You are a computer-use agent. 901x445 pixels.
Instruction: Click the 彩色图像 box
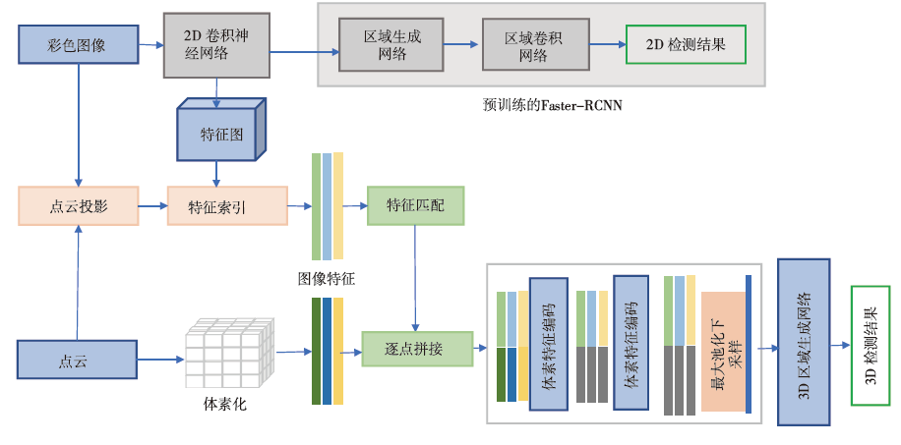[77, 45]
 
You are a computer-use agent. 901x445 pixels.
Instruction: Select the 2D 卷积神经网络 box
[216, 45]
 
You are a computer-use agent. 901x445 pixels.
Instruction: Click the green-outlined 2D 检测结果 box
[686, 45]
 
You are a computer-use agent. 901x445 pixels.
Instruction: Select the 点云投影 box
[77, 206]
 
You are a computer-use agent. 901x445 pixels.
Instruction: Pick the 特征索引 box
[227, 206]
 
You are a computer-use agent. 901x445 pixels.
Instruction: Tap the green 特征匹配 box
[414, 205]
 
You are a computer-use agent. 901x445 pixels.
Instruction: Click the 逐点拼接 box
[416, 349]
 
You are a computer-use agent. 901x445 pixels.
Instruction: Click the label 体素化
[225, 404]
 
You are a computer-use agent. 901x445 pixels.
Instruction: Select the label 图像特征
[327, 279]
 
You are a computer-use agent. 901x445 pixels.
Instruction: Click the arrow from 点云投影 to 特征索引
[150, 206]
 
